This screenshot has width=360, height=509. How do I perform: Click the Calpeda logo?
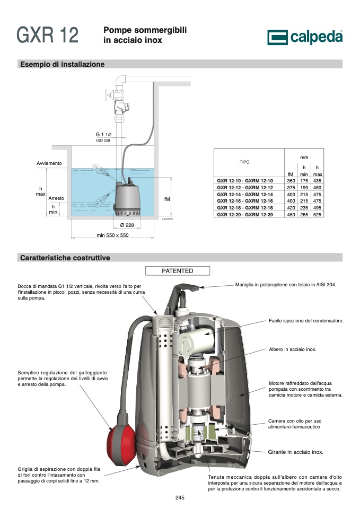[305, 37]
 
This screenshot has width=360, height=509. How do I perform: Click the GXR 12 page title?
[47, 35]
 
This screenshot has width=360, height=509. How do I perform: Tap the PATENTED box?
[177, 271]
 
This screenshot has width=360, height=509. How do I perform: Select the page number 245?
[180, 497]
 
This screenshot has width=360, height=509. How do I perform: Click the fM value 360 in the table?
[291, 181]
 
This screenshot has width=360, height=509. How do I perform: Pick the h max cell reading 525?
[317, 215]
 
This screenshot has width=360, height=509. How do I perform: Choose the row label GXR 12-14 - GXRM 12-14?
[245, 195]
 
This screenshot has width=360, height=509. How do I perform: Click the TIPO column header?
[244, 162]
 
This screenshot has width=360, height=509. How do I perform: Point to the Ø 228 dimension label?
[127, 225]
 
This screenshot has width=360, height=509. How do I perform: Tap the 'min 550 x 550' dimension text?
[112, 235]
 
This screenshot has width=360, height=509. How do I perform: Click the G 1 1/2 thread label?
[103, 134]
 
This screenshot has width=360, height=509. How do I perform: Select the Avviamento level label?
[49, 163]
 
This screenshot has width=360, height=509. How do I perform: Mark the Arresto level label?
[56, 198]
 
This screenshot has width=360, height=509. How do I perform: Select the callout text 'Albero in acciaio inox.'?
[293, 349]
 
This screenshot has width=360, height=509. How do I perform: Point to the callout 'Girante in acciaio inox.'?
[295, 452]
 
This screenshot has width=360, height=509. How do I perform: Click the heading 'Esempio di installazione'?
[63, 64]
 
